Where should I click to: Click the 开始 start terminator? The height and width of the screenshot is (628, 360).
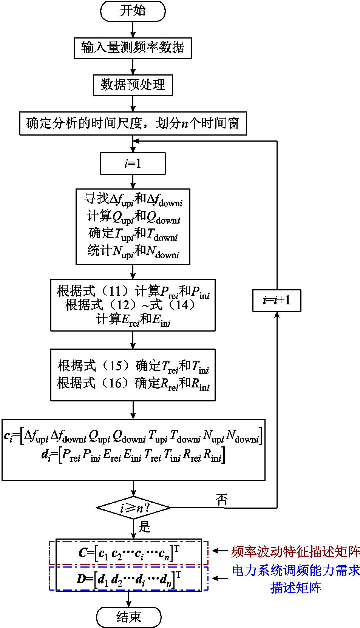pos(133,11)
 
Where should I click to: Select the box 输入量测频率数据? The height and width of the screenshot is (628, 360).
pos(133,48)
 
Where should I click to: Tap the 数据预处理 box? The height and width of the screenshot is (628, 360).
pos(133,85)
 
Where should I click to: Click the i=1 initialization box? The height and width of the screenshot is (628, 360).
pos(133,164)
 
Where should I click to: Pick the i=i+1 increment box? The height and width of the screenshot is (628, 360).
pos(277,301)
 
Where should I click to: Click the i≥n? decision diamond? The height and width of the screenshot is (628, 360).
pos(134,508)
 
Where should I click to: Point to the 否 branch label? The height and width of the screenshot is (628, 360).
pos(222,500)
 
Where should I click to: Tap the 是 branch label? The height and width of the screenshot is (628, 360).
pos(145,527)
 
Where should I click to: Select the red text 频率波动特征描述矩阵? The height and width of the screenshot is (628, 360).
pos(296,552)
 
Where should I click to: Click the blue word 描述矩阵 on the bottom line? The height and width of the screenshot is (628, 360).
pos(296,588)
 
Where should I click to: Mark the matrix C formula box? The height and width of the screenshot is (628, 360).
pos(129,552)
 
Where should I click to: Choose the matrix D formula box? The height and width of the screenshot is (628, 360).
pos(129,578)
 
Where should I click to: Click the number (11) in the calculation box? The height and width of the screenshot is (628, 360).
pos(115,291)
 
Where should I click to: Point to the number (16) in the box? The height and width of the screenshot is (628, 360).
pos(115,383)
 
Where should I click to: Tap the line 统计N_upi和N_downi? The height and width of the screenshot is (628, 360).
pos(133,251)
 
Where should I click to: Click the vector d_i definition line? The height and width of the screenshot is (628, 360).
pos(133,455)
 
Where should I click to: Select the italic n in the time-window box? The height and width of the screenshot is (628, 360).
pos(185,123)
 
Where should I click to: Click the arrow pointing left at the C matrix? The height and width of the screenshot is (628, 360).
pos(219,551)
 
